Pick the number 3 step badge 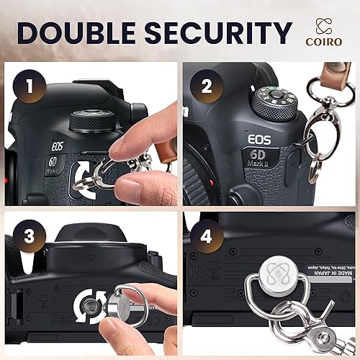(x=29, y=235)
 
